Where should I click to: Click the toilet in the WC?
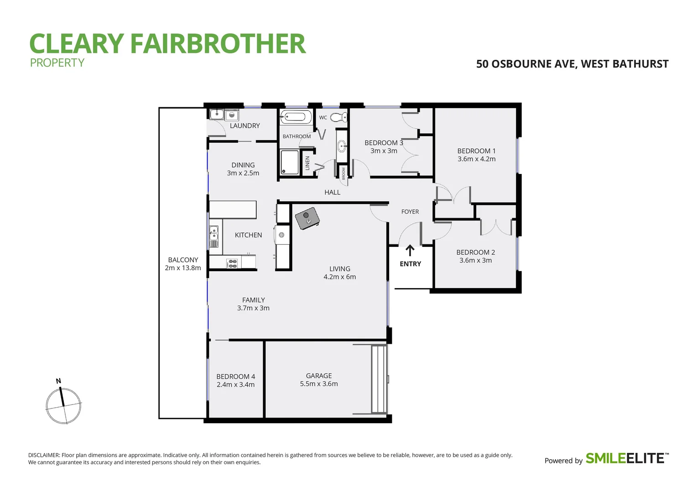(338, 117)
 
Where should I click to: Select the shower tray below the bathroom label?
(290, 162)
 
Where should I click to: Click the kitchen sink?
(214, 236)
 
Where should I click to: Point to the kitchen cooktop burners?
(232, 263)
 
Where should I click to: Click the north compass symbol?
(63, 405)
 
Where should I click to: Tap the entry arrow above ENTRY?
(410, 250)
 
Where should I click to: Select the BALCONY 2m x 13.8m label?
(183, 264)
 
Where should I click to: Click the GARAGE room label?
(319, 376)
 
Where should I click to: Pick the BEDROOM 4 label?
(235, 377)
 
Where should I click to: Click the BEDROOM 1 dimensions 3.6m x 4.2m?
(476, 159)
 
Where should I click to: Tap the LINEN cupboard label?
(307, 163)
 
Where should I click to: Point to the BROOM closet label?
(343, 173)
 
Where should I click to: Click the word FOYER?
(410, 212)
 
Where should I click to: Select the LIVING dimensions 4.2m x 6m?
(339, 277)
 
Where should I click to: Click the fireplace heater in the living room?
(307, 218)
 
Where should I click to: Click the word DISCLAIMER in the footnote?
(44, 455)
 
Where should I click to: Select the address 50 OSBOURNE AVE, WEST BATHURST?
(572, 64)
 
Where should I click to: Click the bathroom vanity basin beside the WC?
(341, 147)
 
